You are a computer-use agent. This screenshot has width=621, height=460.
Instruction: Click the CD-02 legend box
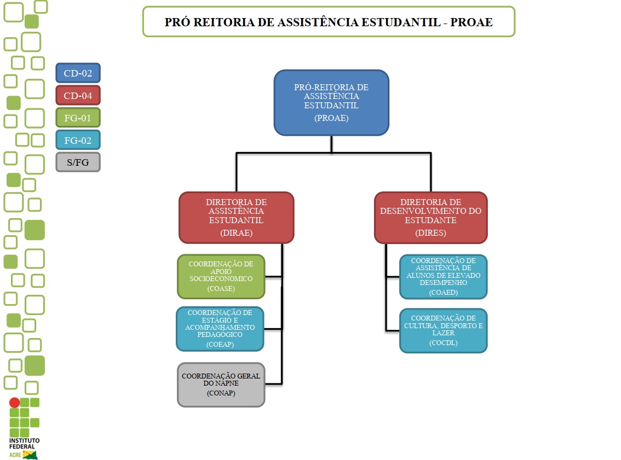point(78,73)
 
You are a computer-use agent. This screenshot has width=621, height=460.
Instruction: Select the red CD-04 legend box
point(78,96)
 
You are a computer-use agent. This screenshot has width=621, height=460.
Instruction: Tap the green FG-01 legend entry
point(78,118)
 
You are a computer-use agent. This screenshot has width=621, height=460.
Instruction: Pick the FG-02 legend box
point(78,140)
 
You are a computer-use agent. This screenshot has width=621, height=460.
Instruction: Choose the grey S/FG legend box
point(78,162)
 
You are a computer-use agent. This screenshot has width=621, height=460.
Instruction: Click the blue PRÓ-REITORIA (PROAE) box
point(331,102)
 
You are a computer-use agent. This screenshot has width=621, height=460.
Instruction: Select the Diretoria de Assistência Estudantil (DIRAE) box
point(236,217)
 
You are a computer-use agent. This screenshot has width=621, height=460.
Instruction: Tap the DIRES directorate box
point(430,217)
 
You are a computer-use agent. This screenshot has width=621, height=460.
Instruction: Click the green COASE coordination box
point(221,276)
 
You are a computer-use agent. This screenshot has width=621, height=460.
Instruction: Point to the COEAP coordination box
point(220,329)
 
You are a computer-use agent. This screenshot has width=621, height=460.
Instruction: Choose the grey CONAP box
point(221,385)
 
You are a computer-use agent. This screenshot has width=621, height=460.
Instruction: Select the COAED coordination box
point(443,277)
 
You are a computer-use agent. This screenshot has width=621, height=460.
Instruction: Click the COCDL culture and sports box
point(443,331)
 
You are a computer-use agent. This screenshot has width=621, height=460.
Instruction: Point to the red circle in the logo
point(15,403)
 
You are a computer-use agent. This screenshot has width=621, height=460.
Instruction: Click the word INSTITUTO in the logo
point(25,441)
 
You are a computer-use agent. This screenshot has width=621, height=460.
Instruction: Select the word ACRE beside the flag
point(15,455)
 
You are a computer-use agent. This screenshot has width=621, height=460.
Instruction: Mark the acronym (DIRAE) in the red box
point(236,233)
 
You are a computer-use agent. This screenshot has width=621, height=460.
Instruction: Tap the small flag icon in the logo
point(30,455)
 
